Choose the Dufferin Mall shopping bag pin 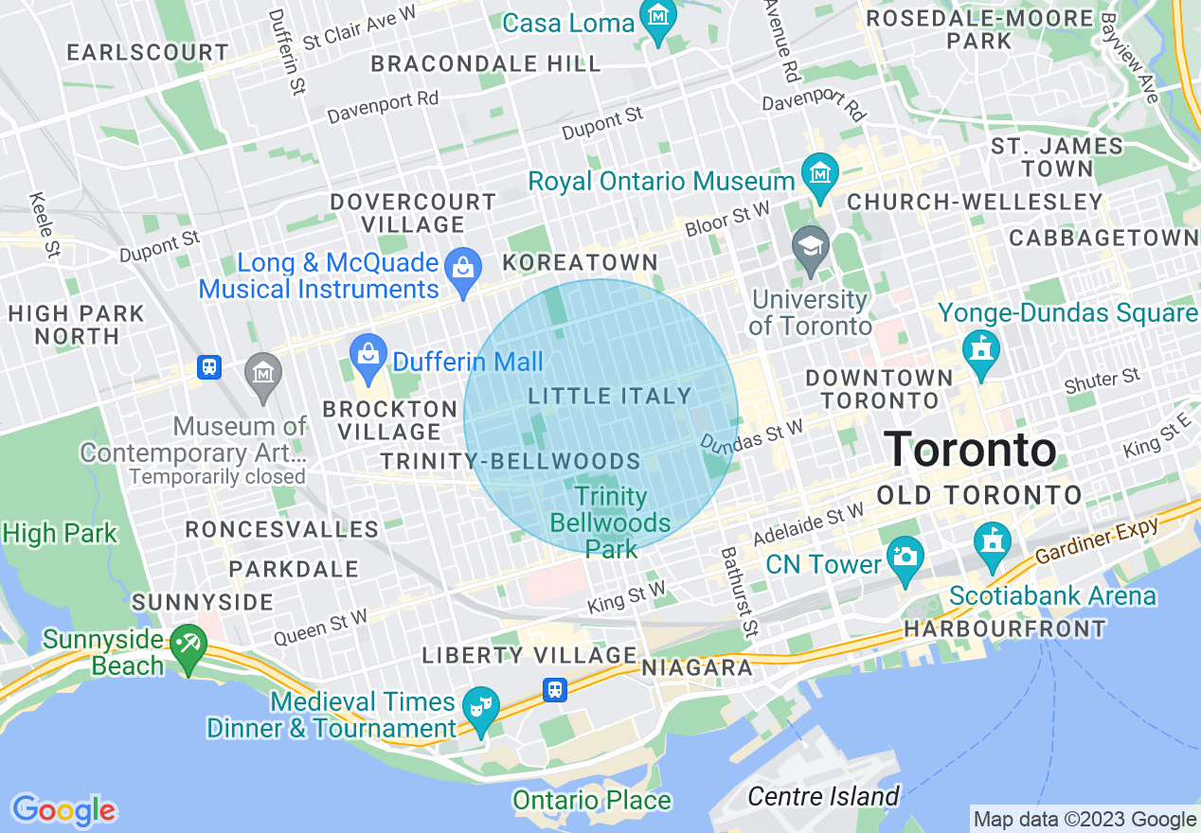(x=367, y=357)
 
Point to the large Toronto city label (x=970, y=449)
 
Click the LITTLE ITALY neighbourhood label (x=610, y=396)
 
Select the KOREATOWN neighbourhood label (x=580, y=262)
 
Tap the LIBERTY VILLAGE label (x=529, y=655)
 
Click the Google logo (x=63, y=810)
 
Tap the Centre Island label (x=823, y=796)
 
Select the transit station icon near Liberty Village (x=556, y=689)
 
